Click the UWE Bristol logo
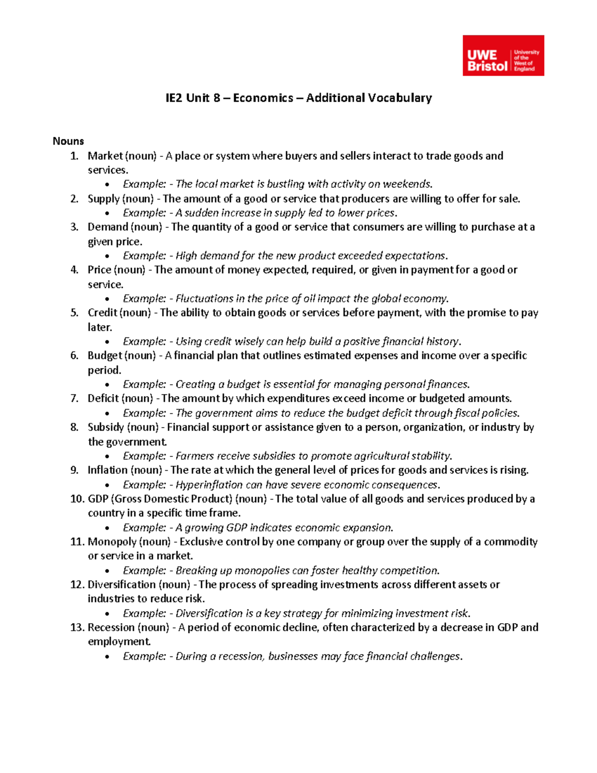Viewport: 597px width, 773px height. tap(503, 55)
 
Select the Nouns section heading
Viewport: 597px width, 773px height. tap(68, 141)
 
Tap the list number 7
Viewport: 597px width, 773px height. tap(75, 398)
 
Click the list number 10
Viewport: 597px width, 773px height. tap(78, 499)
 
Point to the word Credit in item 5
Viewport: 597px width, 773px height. tap(102, 313)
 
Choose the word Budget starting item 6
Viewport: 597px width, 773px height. tap(104, 355)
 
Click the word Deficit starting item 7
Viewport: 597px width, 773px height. tap(103, 398)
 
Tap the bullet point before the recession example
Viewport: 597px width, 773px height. tap(107, 657)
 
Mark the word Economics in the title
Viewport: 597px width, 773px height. tap(263, 98)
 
